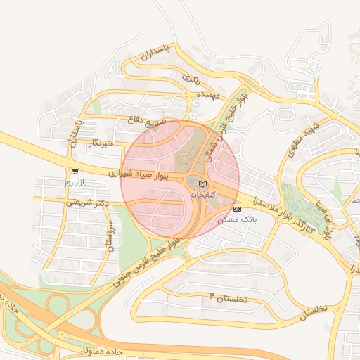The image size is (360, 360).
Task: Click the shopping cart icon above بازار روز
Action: (x=75, y=171)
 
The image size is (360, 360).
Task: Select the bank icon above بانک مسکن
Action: (x=237, y=209)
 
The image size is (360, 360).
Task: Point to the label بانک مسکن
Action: (x=238, y=219)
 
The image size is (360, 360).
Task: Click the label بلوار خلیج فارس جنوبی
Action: (x=149, y=259)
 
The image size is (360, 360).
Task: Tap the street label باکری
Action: (x=192, y=77)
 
